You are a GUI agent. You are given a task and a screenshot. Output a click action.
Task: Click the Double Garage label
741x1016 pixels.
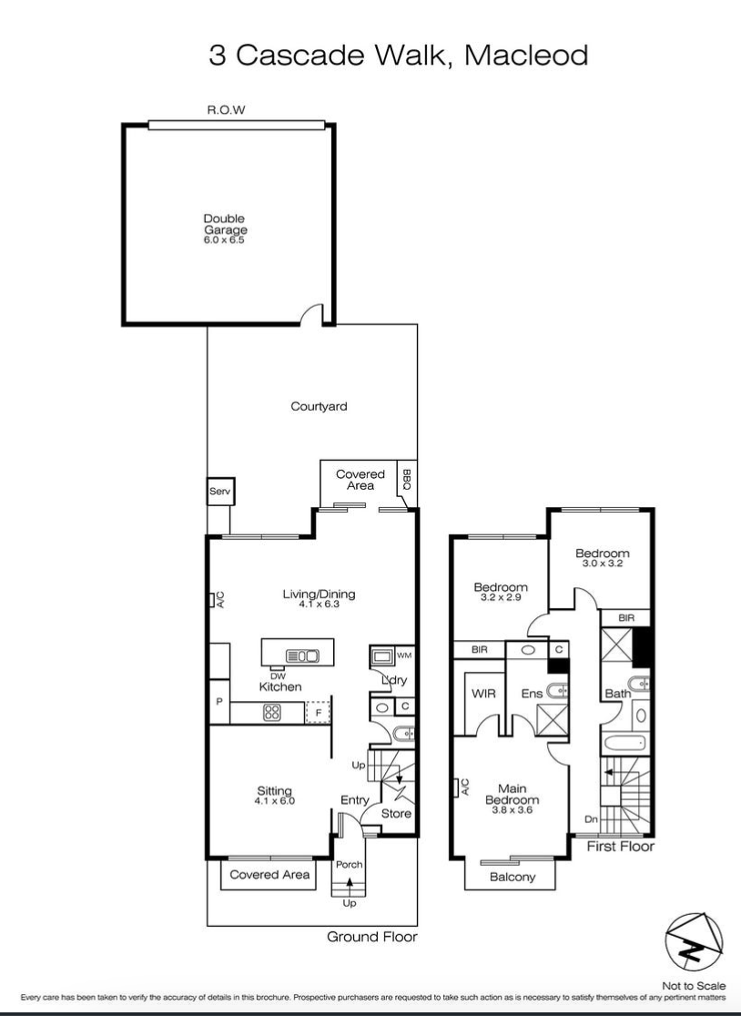point(226,225)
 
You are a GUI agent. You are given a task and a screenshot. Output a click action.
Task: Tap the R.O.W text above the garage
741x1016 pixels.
point(226,110)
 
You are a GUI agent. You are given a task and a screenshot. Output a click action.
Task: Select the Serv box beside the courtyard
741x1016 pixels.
point(220,492)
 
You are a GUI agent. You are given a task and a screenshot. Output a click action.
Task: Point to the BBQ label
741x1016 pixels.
point(407,480)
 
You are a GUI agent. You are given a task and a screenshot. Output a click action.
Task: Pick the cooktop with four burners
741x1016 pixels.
point(272,713)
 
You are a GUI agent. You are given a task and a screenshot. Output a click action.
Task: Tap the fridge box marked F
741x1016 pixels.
point(318,713)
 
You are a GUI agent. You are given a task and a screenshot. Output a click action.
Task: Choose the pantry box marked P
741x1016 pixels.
point(219,702)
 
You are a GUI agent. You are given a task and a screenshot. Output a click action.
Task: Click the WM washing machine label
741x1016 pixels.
point(404,655)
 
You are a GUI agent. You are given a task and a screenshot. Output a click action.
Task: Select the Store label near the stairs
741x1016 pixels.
point(396,813)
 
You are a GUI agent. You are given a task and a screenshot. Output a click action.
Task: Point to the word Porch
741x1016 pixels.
point(350,864)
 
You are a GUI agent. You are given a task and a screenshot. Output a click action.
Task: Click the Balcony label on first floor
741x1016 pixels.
point(513,878)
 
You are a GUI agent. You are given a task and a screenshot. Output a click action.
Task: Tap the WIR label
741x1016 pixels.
point(483,694)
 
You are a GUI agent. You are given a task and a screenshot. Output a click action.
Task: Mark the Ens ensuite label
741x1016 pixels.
point(532,694)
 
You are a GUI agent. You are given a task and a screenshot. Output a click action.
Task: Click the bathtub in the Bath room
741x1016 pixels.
point(625,743)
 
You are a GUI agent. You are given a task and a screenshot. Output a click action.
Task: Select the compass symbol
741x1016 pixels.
point(694,943)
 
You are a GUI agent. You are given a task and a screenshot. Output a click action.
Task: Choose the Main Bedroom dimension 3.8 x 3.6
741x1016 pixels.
point(512,810)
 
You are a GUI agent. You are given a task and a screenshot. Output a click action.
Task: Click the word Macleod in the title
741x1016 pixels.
point(526,55)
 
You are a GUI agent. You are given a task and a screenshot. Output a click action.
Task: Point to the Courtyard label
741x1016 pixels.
point(319,407)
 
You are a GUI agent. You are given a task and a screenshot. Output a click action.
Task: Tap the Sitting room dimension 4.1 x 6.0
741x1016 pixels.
point(275,801)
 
